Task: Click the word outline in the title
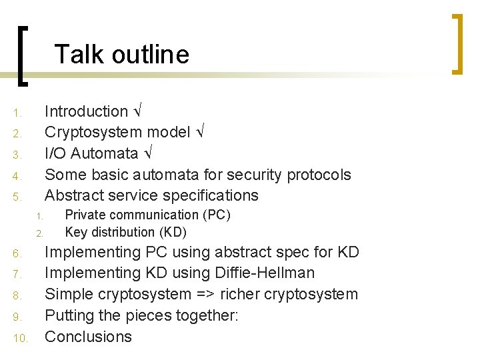(x=151, y=54)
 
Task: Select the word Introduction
(x=86, y=111)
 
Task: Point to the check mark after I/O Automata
(x=148, y=153)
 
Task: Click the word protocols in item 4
(x=319, y=175)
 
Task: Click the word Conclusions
(x=88, y=336)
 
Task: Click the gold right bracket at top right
(x=457, y=44)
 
